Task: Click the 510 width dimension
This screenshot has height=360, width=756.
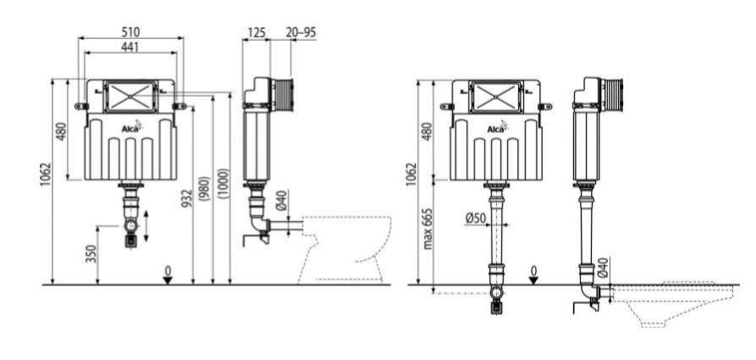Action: (x=130, y=32)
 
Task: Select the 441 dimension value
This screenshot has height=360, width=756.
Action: (x=130, y=47)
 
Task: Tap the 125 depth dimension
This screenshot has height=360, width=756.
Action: (x=257, y=32)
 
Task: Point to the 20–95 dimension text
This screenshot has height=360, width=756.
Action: (x=301, y=32)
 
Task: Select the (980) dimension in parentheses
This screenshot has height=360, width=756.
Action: (x=206, y=189)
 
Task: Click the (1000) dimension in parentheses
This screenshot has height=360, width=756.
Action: (x=223, y=183)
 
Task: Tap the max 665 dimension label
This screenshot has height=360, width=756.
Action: (x=428, y=229)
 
